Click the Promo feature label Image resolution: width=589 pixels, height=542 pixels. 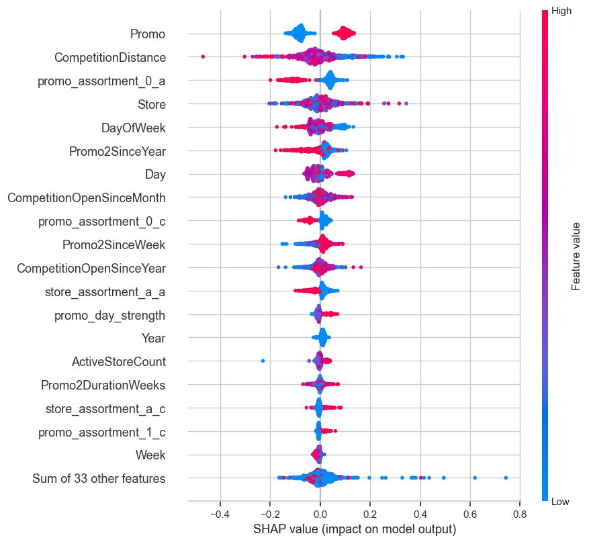[x=148, y=34]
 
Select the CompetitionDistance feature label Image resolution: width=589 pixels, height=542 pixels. [x=110, y=57]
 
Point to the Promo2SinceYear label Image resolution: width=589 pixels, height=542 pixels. [x=117, y=151]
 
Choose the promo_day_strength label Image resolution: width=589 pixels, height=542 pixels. [x=109, y=315]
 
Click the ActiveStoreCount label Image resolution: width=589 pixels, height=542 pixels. [x=118, y=362]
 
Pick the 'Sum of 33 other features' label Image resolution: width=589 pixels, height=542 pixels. [x=99, y=479]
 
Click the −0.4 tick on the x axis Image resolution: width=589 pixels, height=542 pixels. [x=220, y=514]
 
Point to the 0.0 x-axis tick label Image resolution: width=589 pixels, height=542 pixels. [x=320, y=514]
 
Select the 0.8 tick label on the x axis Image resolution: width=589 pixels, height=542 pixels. [x=520, y=514]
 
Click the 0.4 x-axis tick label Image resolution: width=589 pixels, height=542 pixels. [x=420, y=514]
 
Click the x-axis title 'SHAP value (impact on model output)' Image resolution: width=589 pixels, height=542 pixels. [x=355, y=529]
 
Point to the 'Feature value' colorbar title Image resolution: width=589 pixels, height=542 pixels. [x=576, y=256]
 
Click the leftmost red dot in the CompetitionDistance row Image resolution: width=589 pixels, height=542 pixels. [x=203, y=57]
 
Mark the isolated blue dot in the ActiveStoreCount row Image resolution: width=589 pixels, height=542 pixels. [x=263, y=361]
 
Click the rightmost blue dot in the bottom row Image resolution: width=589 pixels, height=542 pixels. [x=506, y=478]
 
